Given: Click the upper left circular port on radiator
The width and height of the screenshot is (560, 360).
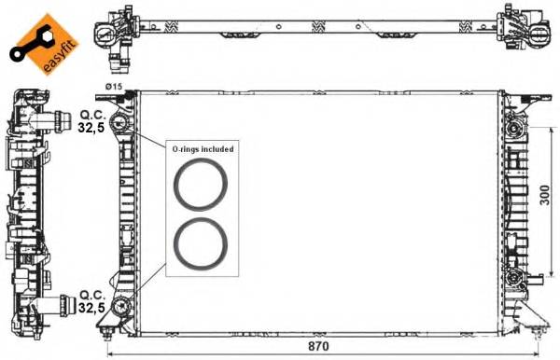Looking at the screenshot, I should [x=118, y=125].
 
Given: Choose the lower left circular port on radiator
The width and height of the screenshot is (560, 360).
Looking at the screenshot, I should [x=119, y=307].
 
